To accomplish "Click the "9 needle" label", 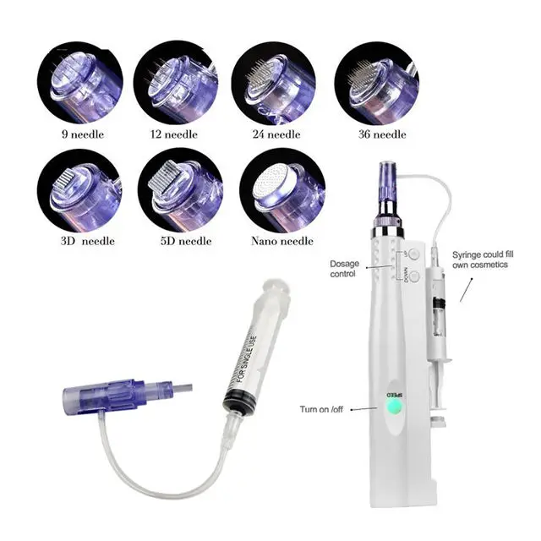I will click(79, 134).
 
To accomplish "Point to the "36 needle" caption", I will click(379, 134).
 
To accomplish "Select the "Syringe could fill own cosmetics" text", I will click(488, 260).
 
